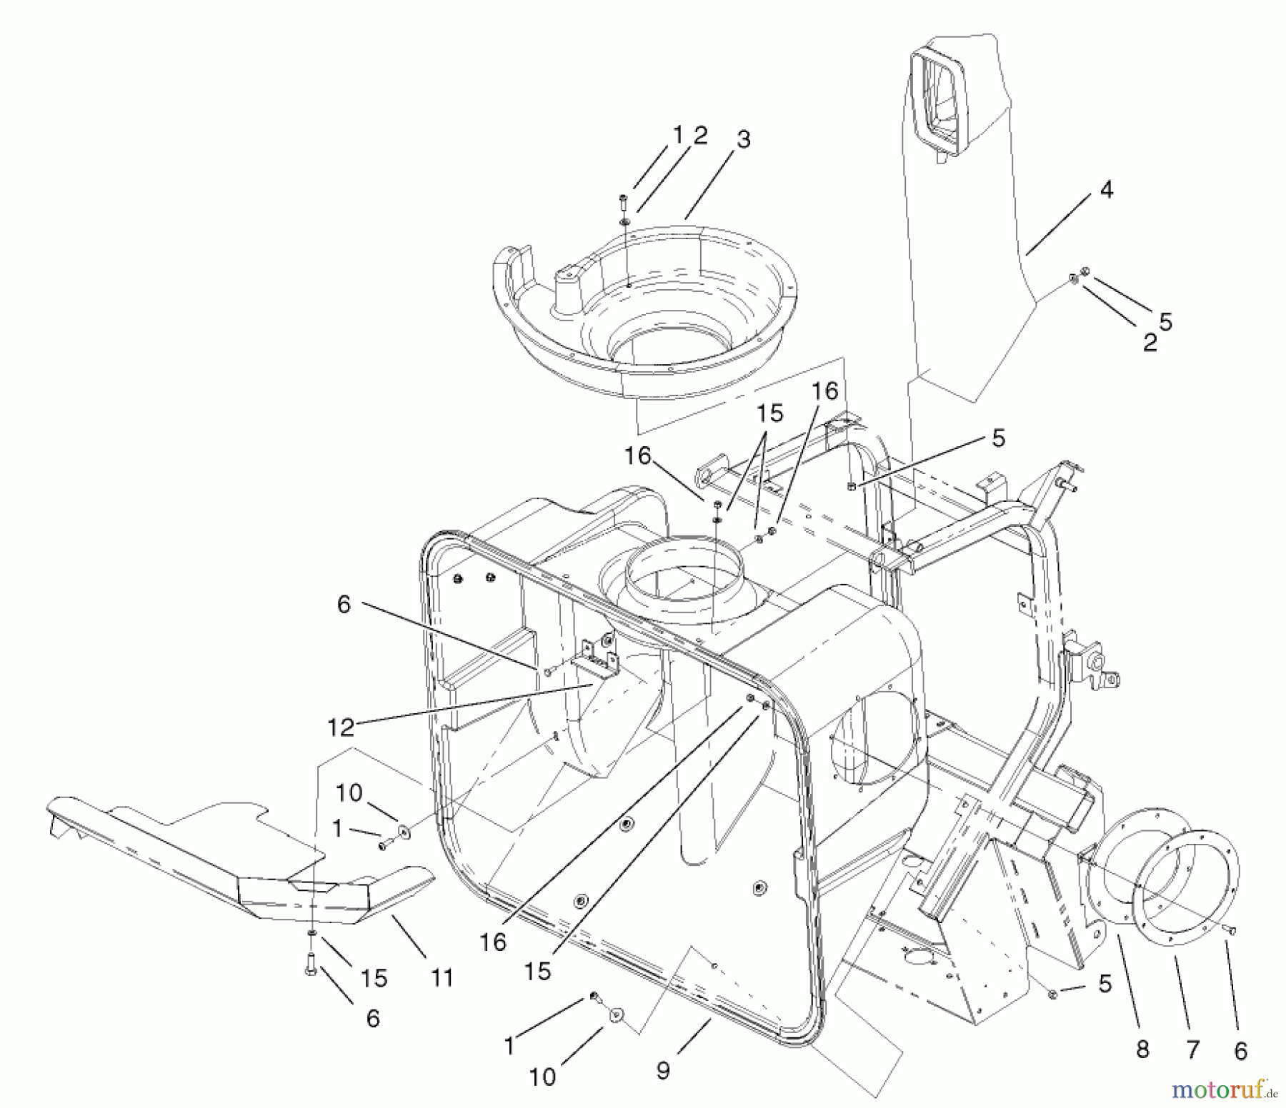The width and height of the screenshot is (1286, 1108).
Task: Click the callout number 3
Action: point(743,139)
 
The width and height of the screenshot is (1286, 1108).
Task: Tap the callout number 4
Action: point(1106,190)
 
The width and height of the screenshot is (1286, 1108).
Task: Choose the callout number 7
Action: point(1192,1049)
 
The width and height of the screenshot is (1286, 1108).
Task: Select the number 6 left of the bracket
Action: point(344,605)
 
